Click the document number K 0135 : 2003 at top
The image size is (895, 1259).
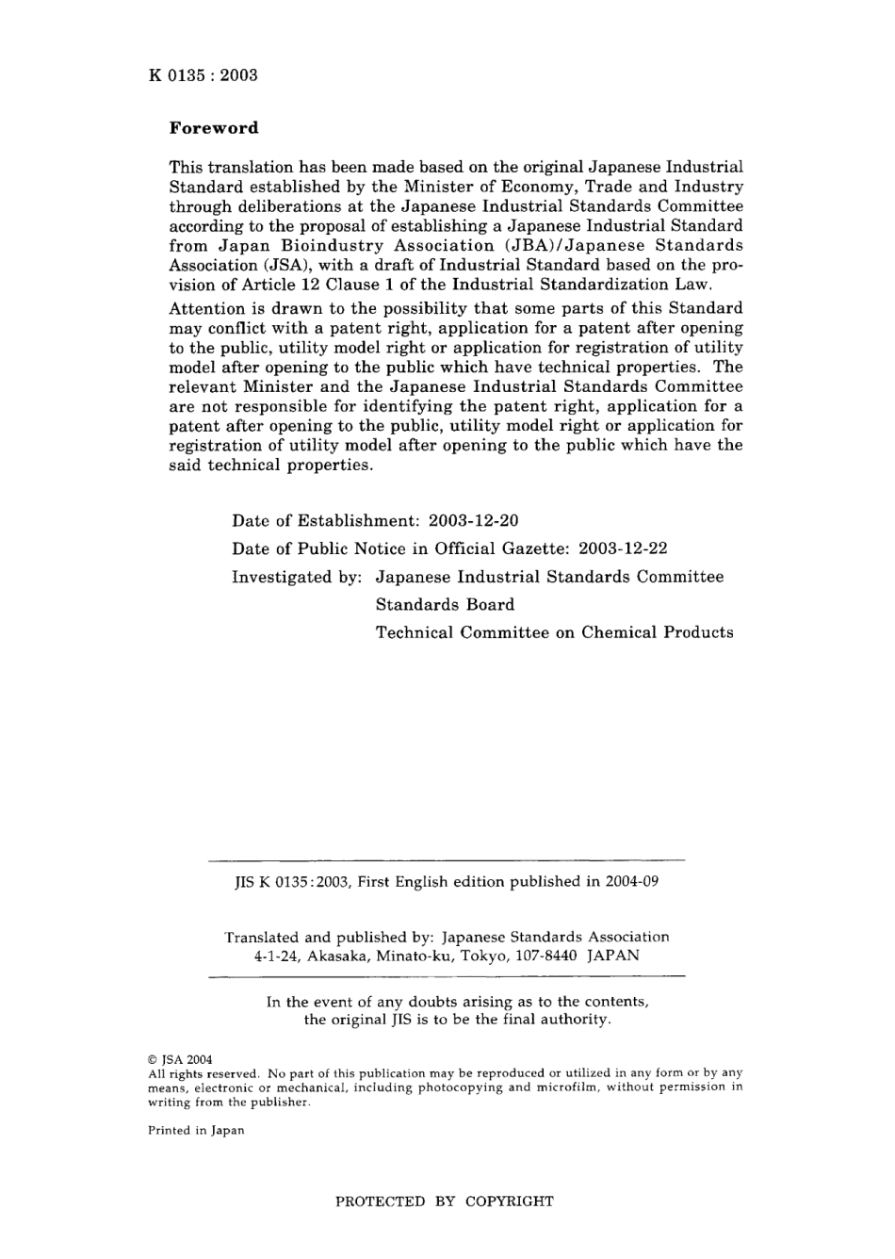point(203,75)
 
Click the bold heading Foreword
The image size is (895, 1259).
point(213,127)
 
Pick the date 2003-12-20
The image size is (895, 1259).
point(473,521)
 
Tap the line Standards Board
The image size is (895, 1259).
point(445,605)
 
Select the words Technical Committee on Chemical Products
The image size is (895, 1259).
point(554,632)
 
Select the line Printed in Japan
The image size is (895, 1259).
point(196,1131)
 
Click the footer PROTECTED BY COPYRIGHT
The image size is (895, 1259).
point(445,1202)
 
